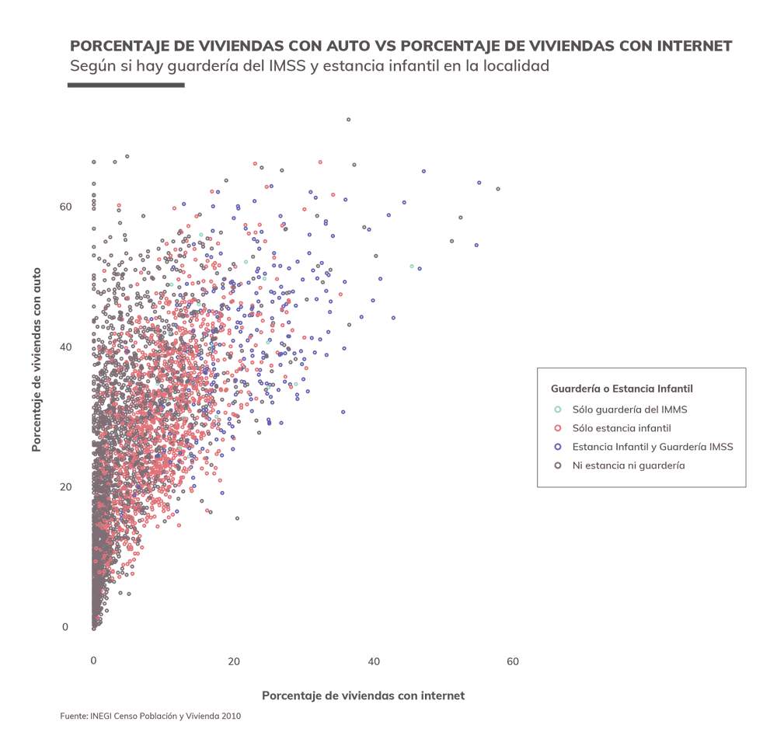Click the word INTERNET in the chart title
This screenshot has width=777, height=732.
(684, 46)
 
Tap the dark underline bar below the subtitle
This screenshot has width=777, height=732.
(126, 84)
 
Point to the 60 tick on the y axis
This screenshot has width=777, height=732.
(66, 207)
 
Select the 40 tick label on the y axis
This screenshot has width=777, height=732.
(66, 347)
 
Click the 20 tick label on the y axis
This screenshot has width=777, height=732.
(66, 487)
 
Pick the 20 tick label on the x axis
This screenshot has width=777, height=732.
(233, 661)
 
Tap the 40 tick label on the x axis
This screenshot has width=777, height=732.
(374, 661)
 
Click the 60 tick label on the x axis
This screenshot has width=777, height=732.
(513, 661)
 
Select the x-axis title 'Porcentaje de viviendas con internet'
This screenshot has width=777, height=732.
(363, 695)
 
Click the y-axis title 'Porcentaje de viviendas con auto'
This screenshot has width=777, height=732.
(37, 360)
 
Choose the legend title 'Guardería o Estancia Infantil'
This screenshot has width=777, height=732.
(622, 389)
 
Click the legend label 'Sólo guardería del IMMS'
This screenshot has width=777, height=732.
(629, 410)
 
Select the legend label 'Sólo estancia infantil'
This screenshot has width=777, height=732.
(622, 428)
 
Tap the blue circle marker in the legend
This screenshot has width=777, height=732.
(557, 447)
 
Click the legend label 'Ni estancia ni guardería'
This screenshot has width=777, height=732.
(629, 465)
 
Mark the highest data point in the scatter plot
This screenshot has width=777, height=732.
(349, 120)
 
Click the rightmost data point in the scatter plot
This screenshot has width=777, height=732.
(498, 189)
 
